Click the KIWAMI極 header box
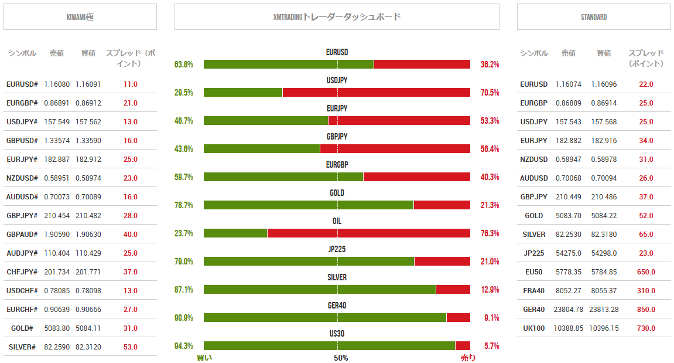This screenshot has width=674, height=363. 80,17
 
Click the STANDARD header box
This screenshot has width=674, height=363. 594,17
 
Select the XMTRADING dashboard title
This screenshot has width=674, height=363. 337,17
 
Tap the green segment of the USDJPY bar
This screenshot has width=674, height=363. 243,93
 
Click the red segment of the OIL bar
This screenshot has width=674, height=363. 369,233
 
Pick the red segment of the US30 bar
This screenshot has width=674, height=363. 463,346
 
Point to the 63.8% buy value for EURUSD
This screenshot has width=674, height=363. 184,65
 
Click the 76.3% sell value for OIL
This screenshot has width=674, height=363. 490,233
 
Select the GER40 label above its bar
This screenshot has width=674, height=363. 337,306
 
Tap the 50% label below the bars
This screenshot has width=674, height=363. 341,358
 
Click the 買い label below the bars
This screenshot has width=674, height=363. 204,358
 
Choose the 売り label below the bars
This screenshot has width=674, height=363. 468,358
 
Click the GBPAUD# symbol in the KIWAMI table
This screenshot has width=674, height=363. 22,235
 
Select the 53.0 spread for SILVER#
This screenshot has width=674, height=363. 131,347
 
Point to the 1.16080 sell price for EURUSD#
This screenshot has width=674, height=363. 57,84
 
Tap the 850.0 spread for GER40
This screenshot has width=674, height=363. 646,310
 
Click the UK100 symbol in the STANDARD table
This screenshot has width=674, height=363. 534,328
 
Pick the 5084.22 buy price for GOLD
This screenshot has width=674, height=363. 604,216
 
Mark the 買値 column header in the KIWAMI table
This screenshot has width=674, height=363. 88,53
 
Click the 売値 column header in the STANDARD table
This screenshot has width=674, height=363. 569,53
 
